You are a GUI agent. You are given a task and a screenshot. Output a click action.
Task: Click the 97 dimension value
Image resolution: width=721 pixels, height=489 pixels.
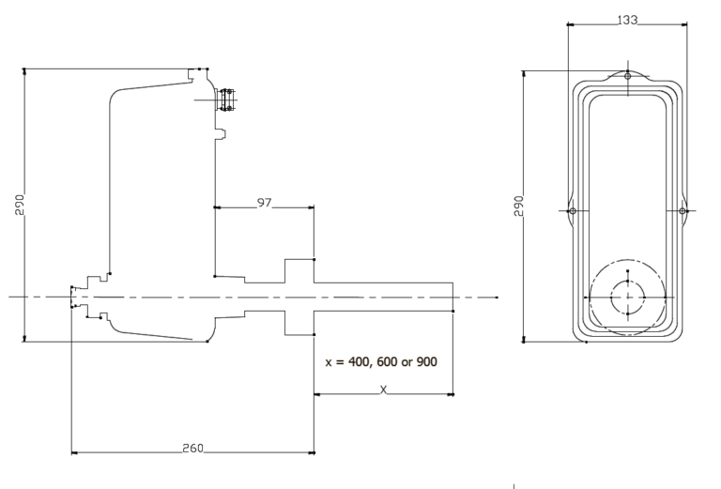pos(264,203)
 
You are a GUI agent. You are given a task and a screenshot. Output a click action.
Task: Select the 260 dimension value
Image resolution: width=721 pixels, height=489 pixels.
pos(192,448)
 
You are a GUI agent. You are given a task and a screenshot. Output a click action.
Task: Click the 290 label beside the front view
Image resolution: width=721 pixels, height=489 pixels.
pos(518,206)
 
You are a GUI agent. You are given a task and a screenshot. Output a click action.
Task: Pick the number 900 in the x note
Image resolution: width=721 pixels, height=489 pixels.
pos(424,361)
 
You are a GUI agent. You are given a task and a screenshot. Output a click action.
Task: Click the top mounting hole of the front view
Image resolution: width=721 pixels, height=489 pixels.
pos(628,75)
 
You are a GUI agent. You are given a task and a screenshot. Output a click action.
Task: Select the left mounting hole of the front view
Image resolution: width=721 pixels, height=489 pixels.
pos(573,211)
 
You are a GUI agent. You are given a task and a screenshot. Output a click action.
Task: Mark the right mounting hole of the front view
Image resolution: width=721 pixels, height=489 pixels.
pos(683,211)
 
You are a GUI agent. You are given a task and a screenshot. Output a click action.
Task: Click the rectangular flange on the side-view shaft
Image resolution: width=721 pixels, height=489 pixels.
pos(299,297)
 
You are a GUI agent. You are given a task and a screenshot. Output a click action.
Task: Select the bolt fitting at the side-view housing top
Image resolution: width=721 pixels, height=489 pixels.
pos(226,99)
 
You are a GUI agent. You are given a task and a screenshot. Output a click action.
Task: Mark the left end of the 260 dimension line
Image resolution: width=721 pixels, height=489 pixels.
pos(73,453)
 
